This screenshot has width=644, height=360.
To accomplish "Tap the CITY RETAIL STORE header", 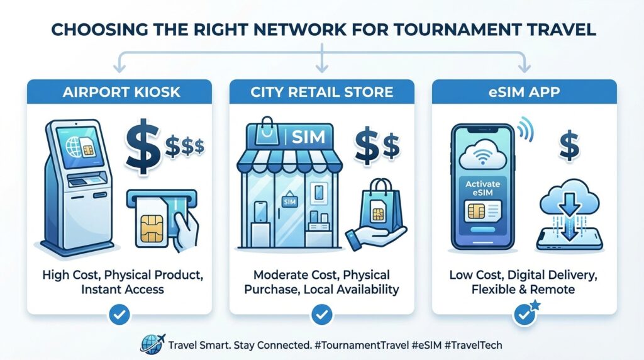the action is tap(321, 92).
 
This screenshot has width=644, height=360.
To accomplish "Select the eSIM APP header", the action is tap(524, 92).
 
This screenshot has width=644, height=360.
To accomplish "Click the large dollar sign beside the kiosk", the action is tap(143, 147).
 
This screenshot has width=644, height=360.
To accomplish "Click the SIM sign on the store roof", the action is tap(308, 137).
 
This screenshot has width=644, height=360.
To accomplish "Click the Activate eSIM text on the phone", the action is tap(482, 188).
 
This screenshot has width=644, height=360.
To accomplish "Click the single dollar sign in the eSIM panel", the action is tap(569, 147).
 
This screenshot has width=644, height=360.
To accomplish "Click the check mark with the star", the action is tap(525, 314).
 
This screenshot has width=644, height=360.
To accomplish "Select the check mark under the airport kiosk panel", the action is tap(119, 315).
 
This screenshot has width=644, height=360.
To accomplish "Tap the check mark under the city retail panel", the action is tap(321, 315).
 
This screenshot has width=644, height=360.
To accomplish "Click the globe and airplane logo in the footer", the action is tap(152, 344).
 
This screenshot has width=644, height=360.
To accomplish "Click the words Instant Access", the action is tap(123, 290).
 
